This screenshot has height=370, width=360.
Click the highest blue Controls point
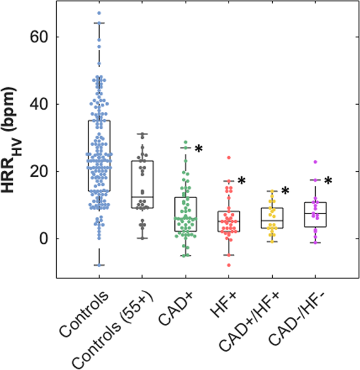pyautogui.click(x=99, y=13)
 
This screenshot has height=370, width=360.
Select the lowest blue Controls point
pyautogui.click(x=99, y=265)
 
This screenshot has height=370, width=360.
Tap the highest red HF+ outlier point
pyautogui.click(x=229, y=158)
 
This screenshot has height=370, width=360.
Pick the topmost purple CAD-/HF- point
pyautogui.click(x=315, y=162)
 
